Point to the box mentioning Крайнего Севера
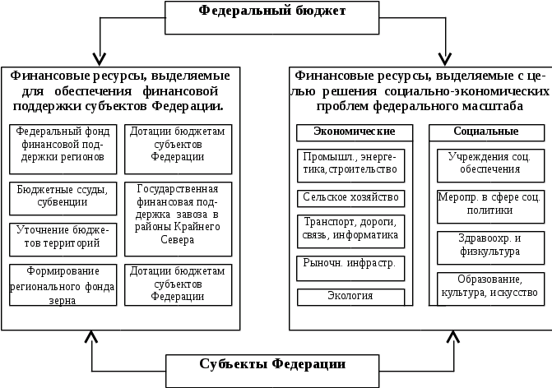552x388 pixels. pyautogui.click(x=178, y=214)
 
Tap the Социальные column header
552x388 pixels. pyautogui.click(x=485, y=132)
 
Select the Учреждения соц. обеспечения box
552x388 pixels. pyautogui.click(x=489, y=163)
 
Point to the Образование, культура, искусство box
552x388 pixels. pyautogui.click(x=489, y=286)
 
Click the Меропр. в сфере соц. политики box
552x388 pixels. pyautogui.click(x=489, y=205)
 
